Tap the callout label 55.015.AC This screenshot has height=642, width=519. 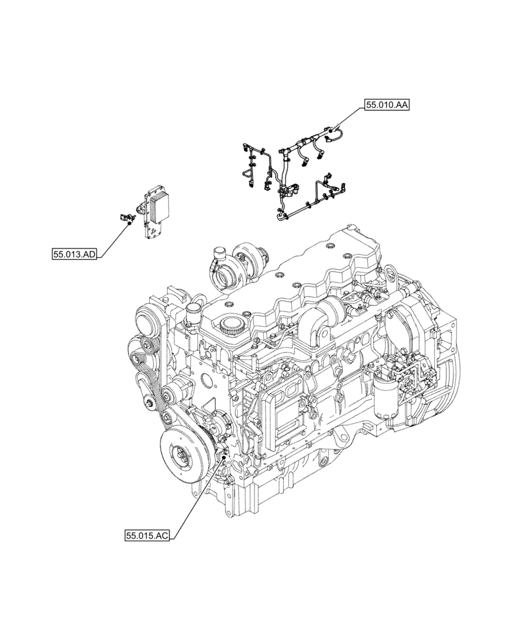(148, 534)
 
